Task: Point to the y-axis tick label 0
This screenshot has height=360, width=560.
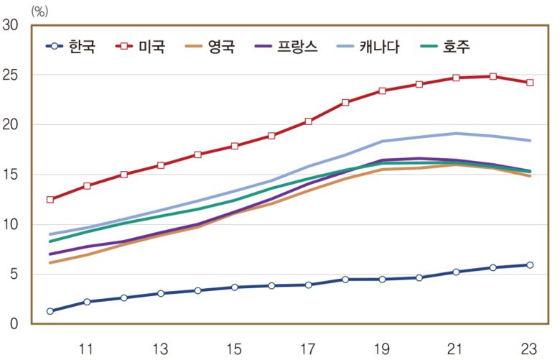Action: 14,324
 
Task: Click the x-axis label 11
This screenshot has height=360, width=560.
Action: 86,349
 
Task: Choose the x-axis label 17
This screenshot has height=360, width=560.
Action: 308,349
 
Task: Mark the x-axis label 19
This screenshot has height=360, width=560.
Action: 382,349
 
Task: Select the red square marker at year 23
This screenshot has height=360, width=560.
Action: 530,83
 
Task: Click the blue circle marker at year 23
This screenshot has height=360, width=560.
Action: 530,265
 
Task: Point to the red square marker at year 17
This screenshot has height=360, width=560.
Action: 308,121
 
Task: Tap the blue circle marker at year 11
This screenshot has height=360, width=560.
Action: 87,302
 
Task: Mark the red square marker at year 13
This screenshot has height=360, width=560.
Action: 160,165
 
